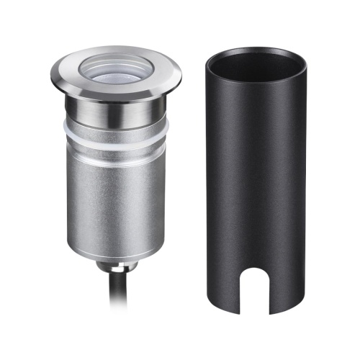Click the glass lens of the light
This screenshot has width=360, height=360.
(x=115, y=71)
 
